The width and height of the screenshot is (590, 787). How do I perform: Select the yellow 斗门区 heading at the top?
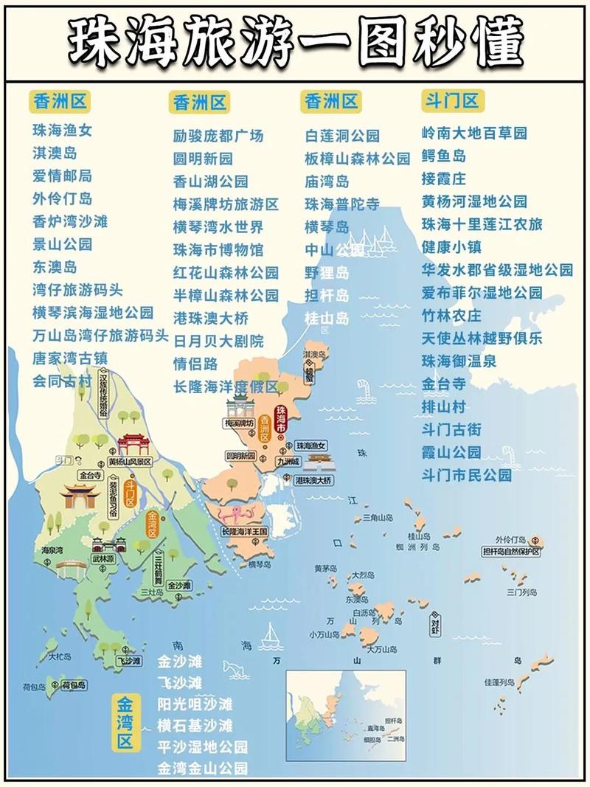(x=450, y=100)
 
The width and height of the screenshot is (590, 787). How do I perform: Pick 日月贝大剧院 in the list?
(x=218, y=342)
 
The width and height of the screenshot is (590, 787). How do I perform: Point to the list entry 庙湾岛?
(x=327, y=181)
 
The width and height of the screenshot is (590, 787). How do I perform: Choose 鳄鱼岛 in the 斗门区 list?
(x=443, y=156)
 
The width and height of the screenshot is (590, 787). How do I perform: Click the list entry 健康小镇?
(x=451, y=247)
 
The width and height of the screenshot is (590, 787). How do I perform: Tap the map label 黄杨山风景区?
(x=129, y=462)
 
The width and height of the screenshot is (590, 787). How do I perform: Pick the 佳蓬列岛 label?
(x=500, y=682)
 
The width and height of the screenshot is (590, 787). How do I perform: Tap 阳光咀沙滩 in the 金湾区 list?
(x=195, y=704)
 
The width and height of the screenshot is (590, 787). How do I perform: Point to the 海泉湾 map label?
(x=50, y=550)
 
